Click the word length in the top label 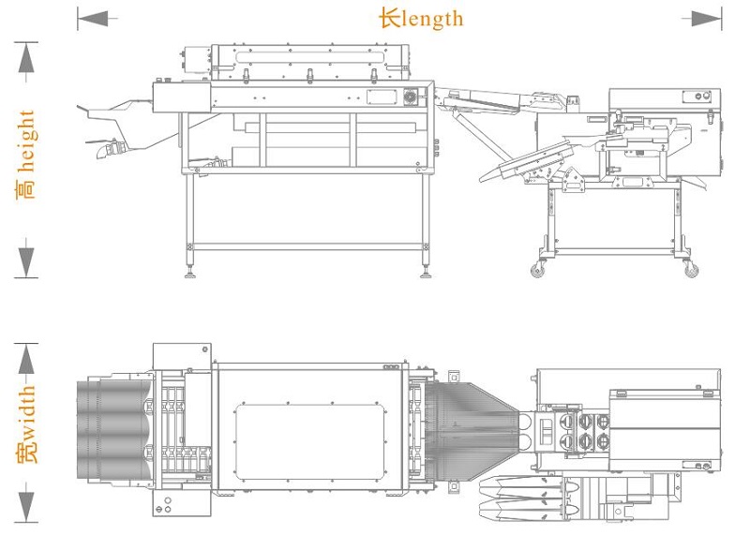(433, 20)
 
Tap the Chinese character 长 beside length (390, 19)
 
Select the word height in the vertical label (26, 141)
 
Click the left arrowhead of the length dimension (93, 19)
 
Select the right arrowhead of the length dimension (706, 19)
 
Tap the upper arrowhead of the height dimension (26, 57)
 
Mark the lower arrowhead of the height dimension (26, 262)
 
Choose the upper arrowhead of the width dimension (26, 359)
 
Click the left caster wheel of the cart (537, 270)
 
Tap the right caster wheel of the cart (691, 270)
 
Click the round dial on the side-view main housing (411, 97)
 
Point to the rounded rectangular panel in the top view (311, 442)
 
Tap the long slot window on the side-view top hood (310, 57)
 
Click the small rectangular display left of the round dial (382, 97)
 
